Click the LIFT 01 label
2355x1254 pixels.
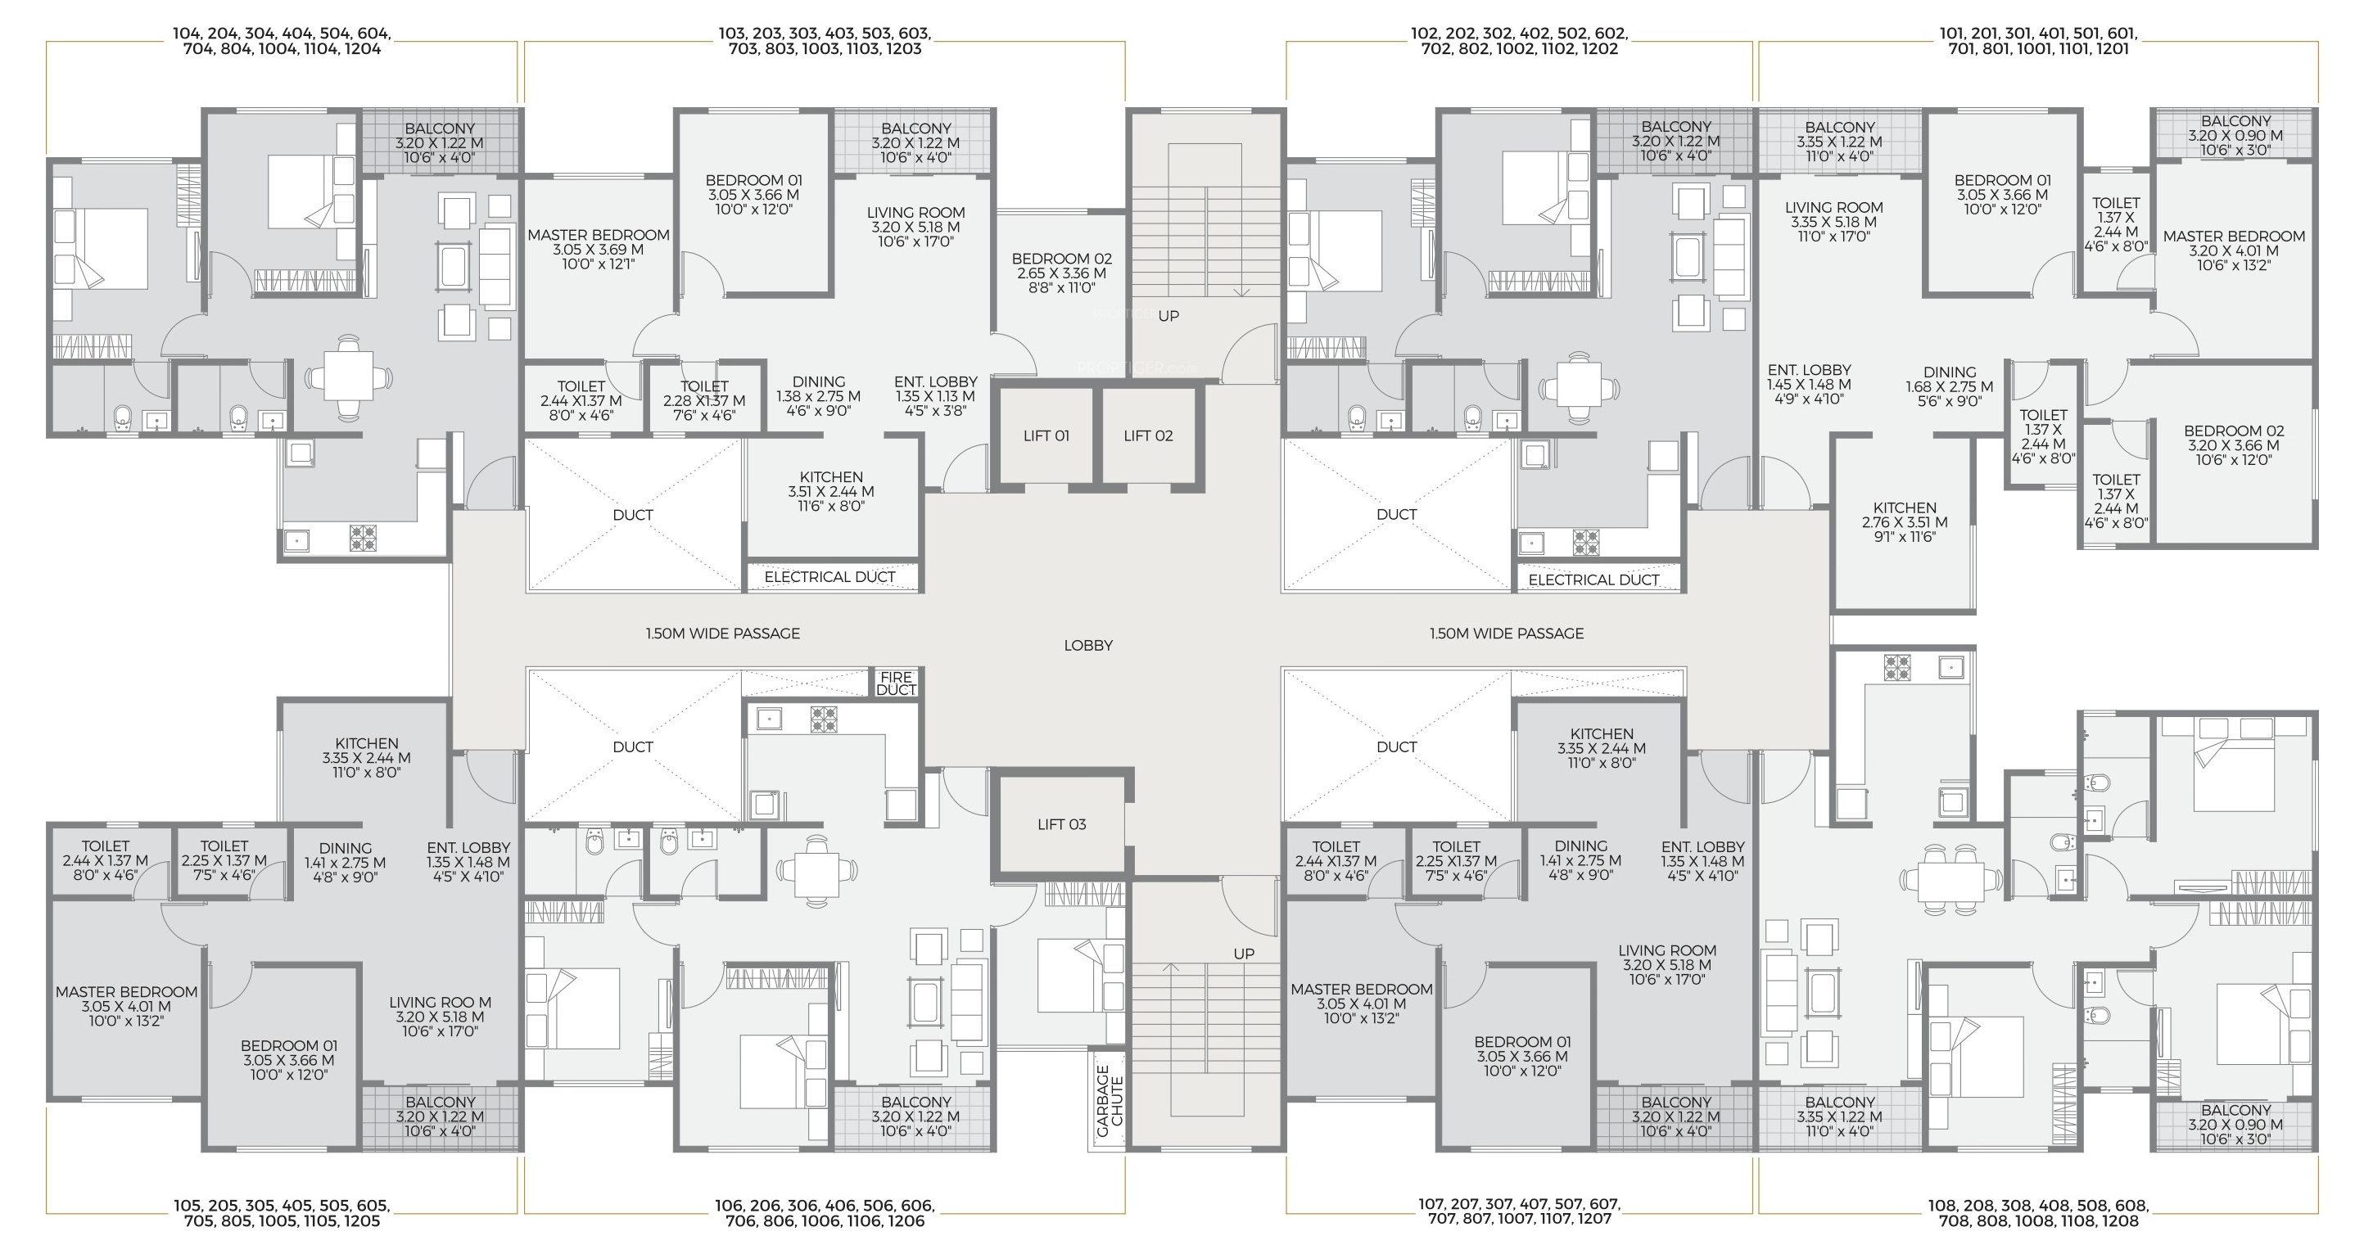click(1046, 436)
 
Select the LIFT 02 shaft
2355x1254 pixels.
click(1148, 435)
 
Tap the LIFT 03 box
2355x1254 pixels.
click(1061, 824)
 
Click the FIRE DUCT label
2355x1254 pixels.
click(896, 683)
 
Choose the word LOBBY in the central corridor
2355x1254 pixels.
click(1088, 645)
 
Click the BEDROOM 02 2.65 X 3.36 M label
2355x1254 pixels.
click(1061, 273)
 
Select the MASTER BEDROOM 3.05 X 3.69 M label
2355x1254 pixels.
click(599, 250)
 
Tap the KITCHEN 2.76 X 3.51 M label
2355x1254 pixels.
click(1905, 522)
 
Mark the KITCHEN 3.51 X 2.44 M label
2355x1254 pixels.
click(831, 491)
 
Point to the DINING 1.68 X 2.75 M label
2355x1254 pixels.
click(1950, 386)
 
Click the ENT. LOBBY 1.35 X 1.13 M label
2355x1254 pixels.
click(935, 395)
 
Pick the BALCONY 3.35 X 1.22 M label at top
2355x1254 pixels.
click(1839, 142)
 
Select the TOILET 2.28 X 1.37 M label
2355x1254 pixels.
click(704, 400)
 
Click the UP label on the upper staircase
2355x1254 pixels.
click(1168, 316)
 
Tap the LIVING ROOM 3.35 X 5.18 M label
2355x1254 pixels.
click(1834, 221)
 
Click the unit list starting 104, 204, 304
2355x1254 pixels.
click(282, 41)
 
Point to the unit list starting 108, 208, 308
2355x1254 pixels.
click(2038, 1213)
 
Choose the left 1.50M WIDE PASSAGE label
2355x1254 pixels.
click(722, 634)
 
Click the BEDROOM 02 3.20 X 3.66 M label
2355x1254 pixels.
click(2234, 445)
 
